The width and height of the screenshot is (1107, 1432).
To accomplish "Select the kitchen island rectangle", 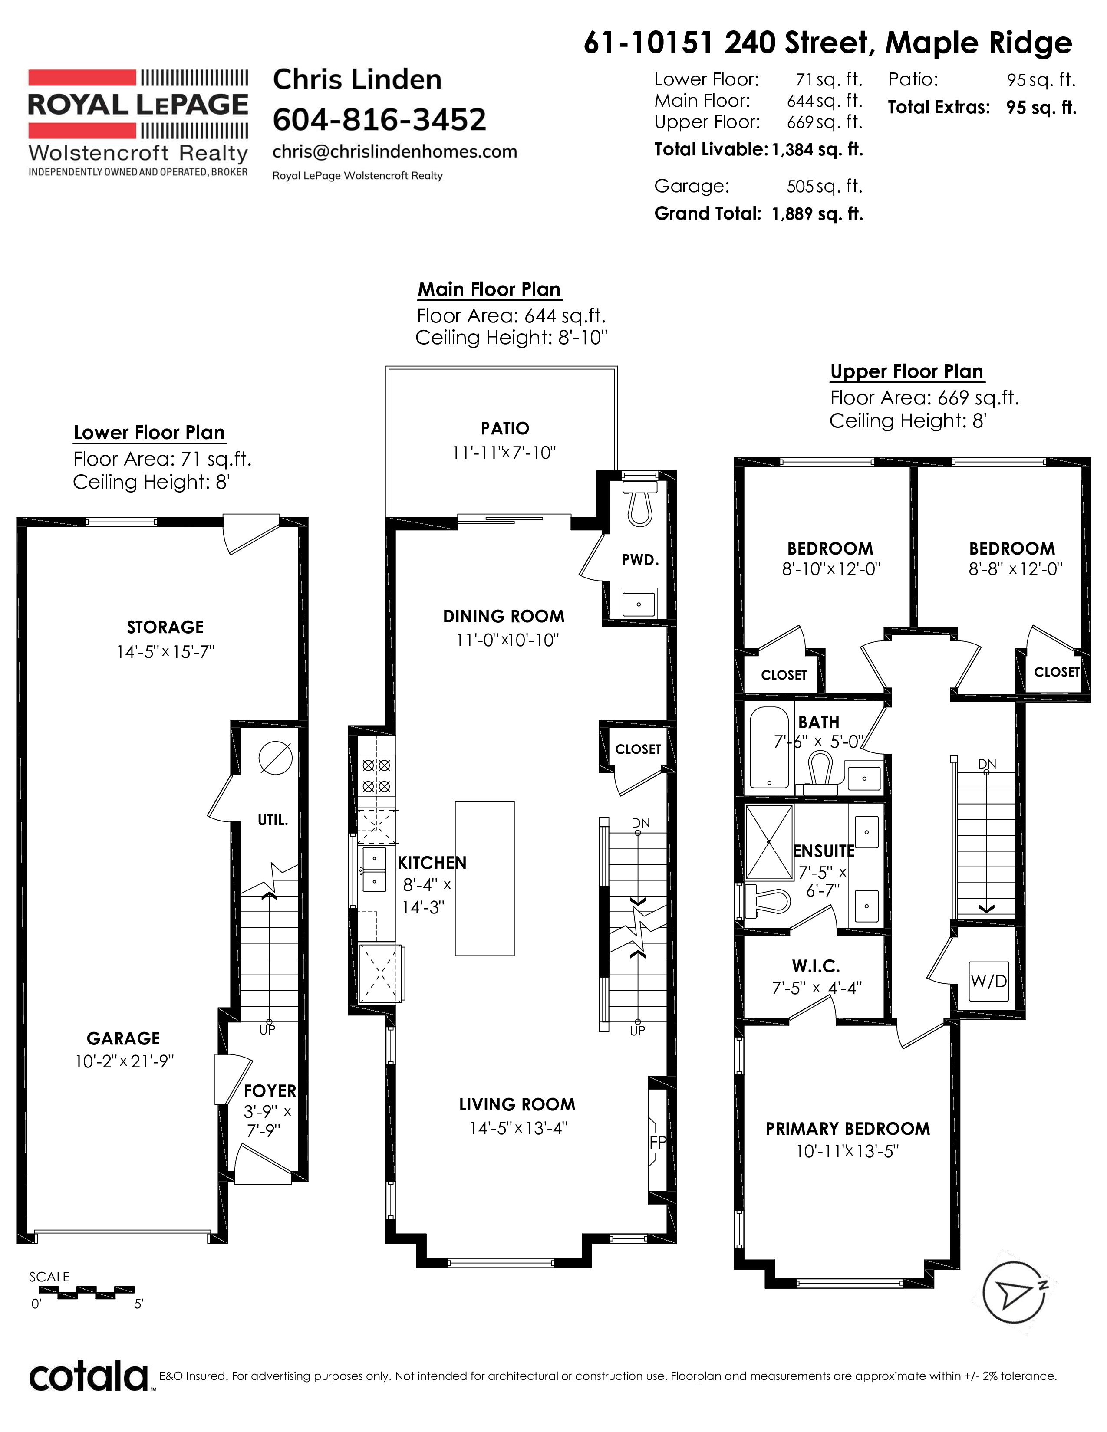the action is (x=484, y=878).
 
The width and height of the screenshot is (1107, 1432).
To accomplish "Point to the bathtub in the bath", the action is (x=771, y=748).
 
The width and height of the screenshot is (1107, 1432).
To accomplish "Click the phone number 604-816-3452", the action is (x=379, y=119).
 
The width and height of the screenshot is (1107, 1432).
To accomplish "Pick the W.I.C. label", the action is (x=816, y=966).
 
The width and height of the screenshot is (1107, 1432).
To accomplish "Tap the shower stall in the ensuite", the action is (x=768, y=841).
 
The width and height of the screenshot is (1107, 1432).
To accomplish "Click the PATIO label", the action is (x=505, y=428).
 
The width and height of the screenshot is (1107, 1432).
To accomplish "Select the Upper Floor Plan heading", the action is (x=907, y=371).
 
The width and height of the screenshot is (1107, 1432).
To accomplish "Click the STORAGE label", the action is (x=165, y=627).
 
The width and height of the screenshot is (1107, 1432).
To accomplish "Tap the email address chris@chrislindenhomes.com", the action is (x=395, y=151).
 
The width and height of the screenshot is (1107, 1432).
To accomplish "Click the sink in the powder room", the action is (x=638, y=603).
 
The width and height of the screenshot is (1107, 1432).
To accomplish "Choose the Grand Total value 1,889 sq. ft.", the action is (x=817, y=214).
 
